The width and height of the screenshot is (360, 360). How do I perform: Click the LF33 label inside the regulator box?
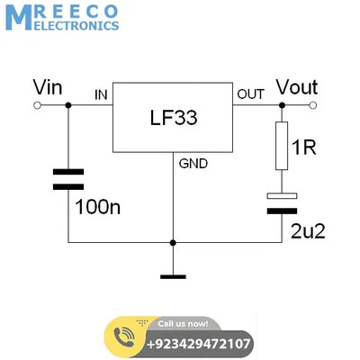pyautogui.click(x=172, y=118)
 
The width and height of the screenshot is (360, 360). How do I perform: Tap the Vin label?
pyautogui.click(x=48, y=88)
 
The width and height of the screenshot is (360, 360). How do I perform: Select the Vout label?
pyautogui.click(x=296, y=87)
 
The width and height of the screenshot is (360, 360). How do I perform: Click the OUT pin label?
pyautogui.click(x=250, y=94)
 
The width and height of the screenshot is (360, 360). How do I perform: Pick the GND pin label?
pyautogui.click(x=193, y=164)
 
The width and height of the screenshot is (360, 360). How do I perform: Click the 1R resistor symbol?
pyautogui.click(x=282, y=148)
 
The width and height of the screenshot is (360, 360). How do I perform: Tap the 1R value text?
pyautogui.click(x=304, y=148)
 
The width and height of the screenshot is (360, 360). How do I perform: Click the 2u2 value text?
pyautogui.click(x=307, y=230)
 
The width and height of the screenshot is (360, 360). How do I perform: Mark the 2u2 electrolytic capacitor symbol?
pyautogui.click(x=282, y=202)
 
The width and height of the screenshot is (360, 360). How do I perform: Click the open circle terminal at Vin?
pyautogui.click(x=38, y=105)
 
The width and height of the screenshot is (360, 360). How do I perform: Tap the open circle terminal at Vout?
pyautogui.click(x=314, y=105)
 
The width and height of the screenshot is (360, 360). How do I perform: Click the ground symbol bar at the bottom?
pyautogui.click(x=172, y=276)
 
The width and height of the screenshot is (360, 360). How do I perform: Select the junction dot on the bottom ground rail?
pyautogui.click(x=172, y=242)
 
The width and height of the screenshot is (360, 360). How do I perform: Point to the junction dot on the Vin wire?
pyautogui.click(x=68, y=105)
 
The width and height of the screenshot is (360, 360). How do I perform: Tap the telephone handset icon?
pyautogui.click(x=122, y=337)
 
